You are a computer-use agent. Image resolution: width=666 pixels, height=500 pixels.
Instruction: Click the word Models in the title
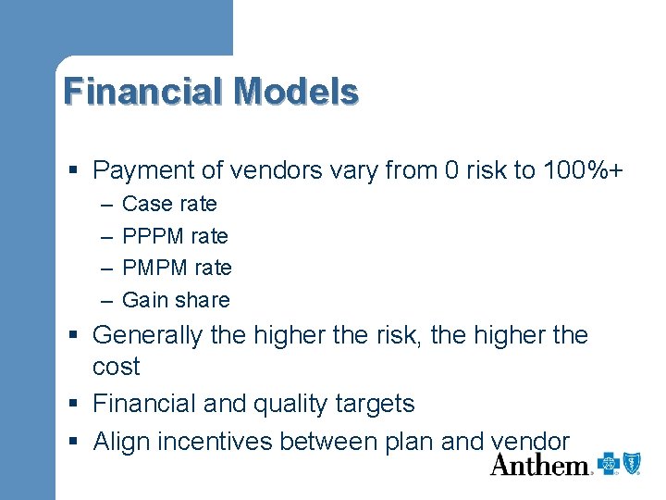296,92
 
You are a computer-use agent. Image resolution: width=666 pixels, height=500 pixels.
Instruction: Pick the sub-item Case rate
169,204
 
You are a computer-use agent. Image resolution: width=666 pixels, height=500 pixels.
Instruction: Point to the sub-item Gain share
176,300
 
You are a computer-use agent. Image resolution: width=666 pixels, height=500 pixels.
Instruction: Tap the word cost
117,367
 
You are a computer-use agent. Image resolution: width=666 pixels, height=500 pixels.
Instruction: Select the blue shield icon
633,464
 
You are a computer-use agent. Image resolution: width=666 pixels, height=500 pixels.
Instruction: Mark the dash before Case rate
105,204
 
